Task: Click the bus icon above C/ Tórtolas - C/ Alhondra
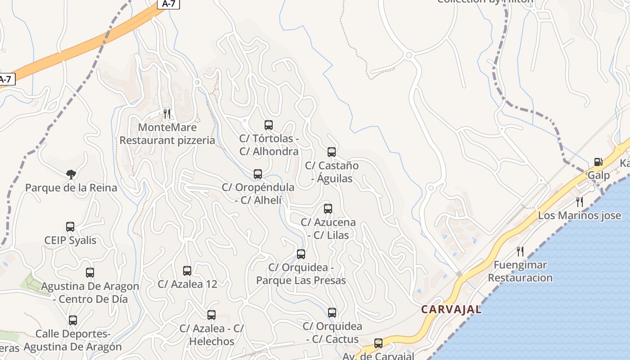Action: tap(269, 125)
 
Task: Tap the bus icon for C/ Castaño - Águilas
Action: tap(332, 152)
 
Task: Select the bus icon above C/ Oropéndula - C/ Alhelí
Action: tap(258, 174)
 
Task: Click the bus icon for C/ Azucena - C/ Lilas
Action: tap(328, 209)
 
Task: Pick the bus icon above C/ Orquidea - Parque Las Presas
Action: tap(301, 254)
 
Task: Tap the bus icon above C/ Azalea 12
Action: tap(187, 271)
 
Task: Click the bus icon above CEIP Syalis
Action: tap(70, 227)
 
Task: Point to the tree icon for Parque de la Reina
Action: tap(71, 175)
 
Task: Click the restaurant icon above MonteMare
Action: tap(167, 113)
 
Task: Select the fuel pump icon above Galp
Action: tap(598, 162)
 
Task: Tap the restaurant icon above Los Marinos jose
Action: tap(580, 202)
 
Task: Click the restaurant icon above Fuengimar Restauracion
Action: tap(520, 251)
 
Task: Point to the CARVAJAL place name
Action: tap(451, 310)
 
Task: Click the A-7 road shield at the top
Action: tap(168, 4)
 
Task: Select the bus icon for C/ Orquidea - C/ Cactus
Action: tap(332, 313)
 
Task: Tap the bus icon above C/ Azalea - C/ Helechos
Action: tap(211, 315)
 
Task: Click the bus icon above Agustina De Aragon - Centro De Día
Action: tap(90, 273)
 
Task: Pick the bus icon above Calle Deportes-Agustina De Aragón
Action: tap(73, 320)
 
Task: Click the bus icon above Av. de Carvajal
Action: tap(378, 343)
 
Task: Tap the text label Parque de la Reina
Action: tap(71, 188)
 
